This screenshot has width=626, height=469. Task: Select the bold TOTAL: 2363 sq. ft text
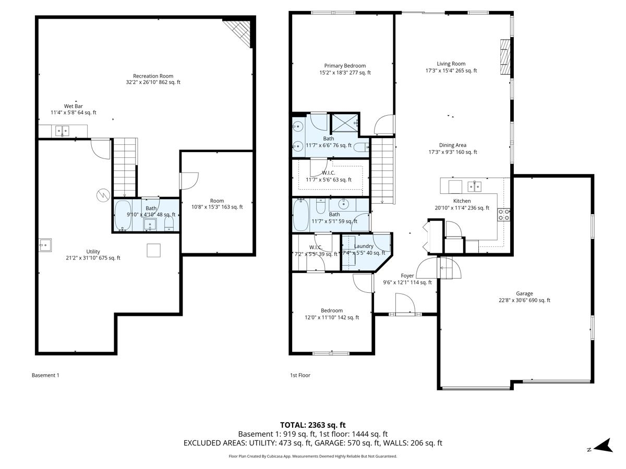(313, 425)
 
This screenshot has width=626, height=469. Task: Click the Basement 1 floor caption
(45, 375)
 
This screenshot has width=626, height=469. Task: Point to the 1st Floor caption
(300, 375)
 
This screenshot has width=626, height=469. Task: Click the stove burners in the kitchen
(504, 215)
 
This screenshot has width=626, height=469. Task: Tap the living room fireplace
(504, 58)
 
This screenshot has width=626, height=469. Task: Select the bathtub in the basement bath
(123, 215)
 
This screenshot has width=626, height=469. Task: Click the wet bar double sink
(62, 130)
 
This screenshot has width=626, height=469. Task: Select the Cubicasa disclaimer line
(313, 456)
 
